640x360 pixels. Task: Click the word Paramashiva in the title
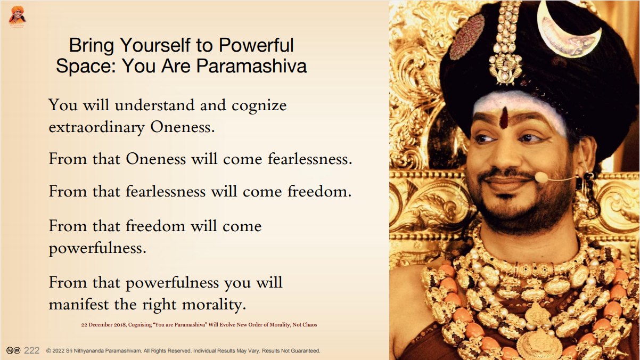click(x=251, y=66)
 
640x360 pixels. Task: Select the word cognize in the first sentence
click(x=259, y=106)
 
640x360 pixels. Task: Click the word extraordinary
click(x=96, y=128)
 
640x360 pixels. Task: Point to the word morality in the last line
click(x=214, y=305)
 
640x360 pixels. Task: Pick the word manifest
click(x=79, y=304)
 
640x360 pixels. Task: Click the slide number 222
click(x=31, y=350)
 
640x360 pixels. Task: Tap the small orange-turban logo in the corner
click(x=18, y=16)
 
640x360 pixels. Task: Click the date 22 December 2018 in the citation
click(x=104, y=325)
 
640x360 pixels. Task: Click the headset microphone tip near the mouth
click(x=541, y=177)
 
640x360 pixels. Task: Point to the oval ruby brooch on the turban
click(x=467, y=37)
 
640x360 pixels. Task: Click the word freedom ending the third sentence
click(x=319, y=191)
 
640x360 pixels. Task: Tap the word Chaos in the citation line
click(x=310, y=325)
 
